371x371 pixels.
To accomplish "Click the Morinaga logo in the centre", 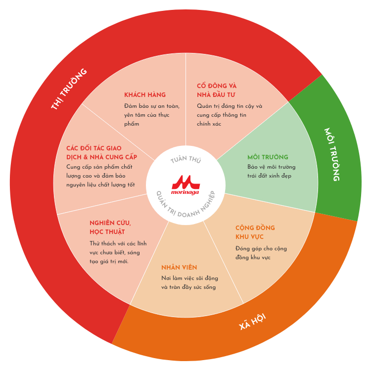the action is pyautogui.click(x=185, y=185).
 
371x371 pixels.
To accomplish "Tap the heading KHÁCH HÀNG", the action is pyautogui.click(x=145, y=94).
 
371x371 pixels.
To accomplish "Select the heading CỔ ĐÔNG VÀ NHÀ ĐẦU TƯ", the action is pyautogui.click(x=217, y=90).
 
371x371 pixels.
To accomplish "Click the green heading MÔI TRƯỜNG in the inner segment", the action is pyautogui.click(x=268, y=157).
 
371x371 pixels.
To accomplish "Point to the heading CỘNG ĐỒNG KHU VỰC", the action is pyautogui.click(x=255, y=232).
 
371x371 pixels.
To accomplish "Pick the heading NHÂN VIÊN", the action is pyautogui.click(x=179, y=267).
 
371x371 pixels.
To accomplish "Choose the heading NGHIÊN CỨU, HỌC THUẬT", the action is pyautogui.click(x=110, y=227).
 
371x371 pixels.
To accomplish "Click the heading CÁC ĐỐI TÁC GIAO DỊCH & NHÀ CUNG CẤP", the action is pyautogui.click(x=101, y=152).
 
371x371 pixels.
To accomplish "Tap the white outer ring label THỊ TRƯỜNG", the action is pyautogui.click(x=69, y=89).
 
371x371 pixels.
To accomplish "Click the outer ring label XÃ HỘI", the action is pyautogui.click(x=252, y=322).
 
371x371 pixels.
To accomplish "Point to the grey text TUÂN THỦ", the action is pyautogui.click(x=185, y=159).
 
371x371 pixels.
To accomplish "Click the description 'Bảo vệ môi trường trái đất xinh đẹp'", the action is pyautogui.click(x=272, y=171).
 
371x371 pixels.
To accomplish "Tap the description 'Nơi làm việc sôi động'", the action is pyautogui.click(x=189, y=278).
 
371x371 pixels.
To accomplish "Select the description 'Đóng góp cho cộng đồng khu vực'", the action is pyautogui.click(x=261, y=253).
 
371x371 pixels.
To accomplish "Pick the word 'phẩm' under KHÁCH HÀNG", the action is pyautogui.click(x=132, y=124).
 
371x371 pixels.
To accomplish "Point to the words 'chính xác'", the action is pyautogui.click(x=209, y=124).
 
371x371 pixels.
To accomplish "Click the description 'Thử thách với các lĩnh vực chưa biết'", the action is pyautogui.click(x=118, y=248).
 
